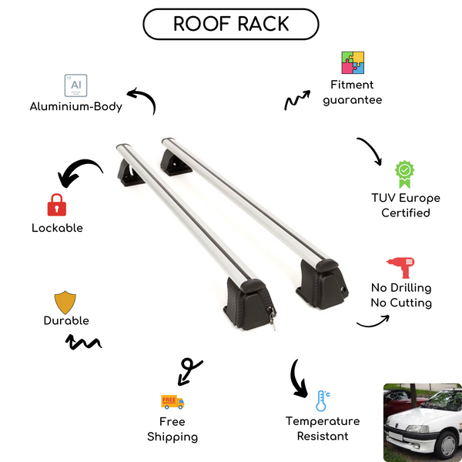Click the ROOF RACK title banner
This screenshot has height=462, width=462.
231,24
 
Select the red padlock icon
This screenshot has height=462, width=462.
56,204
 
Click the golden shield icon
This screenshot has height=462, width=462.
66,301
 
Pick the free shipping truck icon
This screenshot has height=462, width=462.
172,401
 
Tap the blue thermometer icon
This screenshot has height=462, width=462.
322,400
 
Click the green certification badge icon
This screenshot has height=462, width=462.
405,174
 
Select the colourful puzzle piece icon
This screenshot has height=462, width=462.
353,63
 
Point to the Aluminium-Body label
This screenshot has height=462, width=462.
76,106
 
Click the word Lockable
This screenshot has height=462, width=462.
57,228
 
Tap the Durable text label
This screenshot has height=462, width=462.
66,320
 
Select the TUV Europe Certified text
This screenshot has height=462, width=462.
406,205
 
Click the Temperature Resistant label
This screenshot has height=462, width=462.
323,429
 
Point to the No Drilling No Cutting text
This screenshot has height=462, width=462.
400,295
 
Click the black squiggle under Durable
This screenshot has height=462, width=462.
85,341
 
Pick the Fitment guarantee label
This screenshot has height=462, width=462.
352,92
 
